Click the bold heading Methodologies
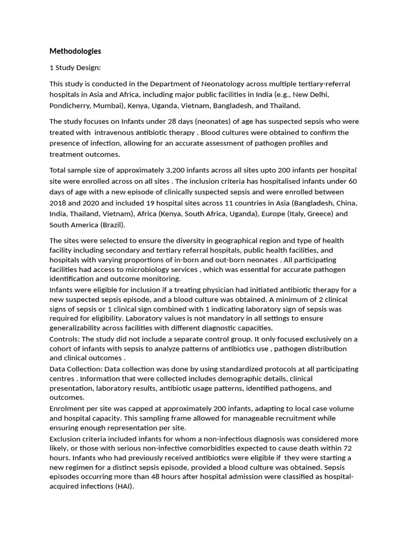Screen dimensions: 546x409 pyautogui.click(x=75, y=51)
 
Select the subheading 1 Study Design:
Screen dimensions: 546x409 pyautogui.click(x=75, y=68)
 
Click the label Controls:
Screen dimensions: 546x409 pyautogui.click(x=65, y=339)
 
